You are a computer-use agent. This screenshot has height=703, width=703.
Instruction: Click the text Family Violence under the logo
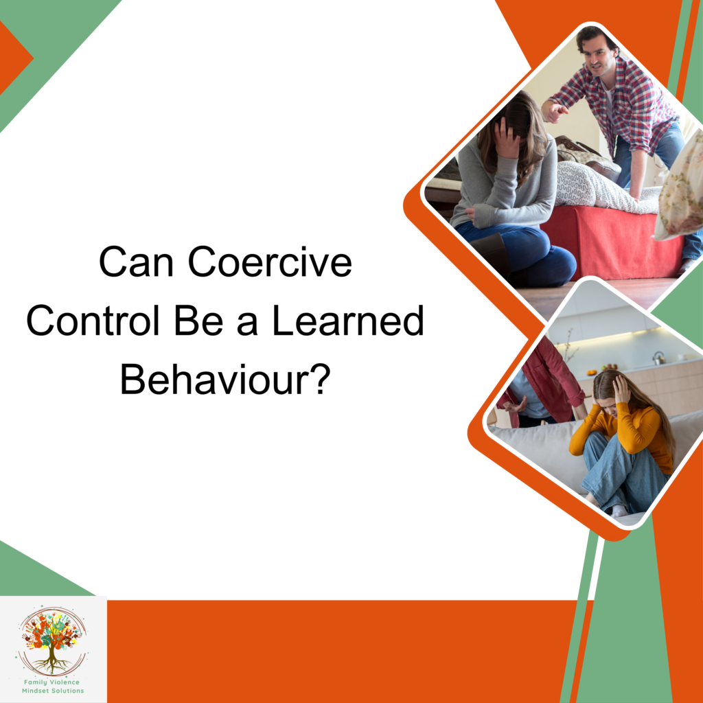click(53, 682)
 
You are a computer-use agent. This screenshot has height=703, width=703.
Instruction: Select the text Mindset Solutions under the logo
click(53, 691)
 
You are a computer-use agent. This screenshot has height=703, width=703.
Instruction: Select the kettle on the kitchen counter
click(659, 358)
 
